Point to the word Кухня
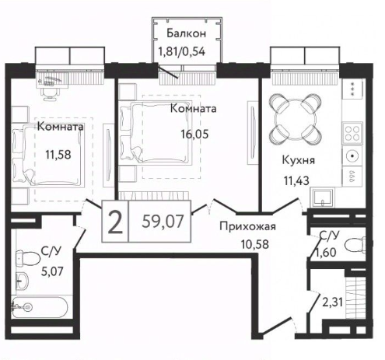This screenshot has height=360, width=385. point(298,163)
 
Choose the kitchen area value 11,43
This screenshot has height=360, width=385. point(298,183)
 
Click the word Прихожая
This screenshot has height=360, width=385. point(248,227)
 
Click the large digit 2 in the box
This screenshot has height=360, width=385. point(114,224)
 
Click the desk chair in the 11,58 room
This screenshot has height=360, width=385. point(48,91)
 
